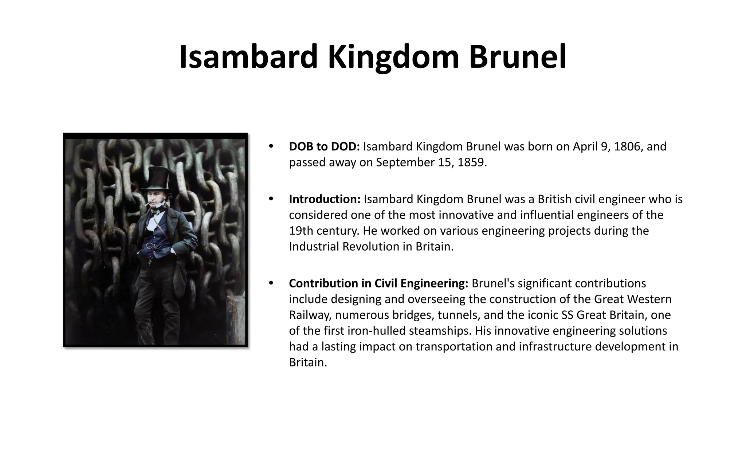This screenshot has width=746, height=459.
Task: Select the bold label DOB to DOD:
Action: coord(324,146)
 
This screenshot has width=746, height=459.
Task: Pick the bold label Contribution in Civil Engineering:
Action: coord(378,283)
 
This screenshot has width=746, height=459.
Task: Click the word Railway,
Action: coord(308,315)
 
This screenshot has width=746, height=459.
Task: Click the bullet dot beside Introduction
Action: coord(270,199)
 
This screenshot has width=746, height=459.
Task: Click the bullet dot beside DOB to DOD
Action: coord(270,146)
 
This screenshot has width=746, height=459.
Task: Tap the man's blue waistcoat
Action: coord(154,242)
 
